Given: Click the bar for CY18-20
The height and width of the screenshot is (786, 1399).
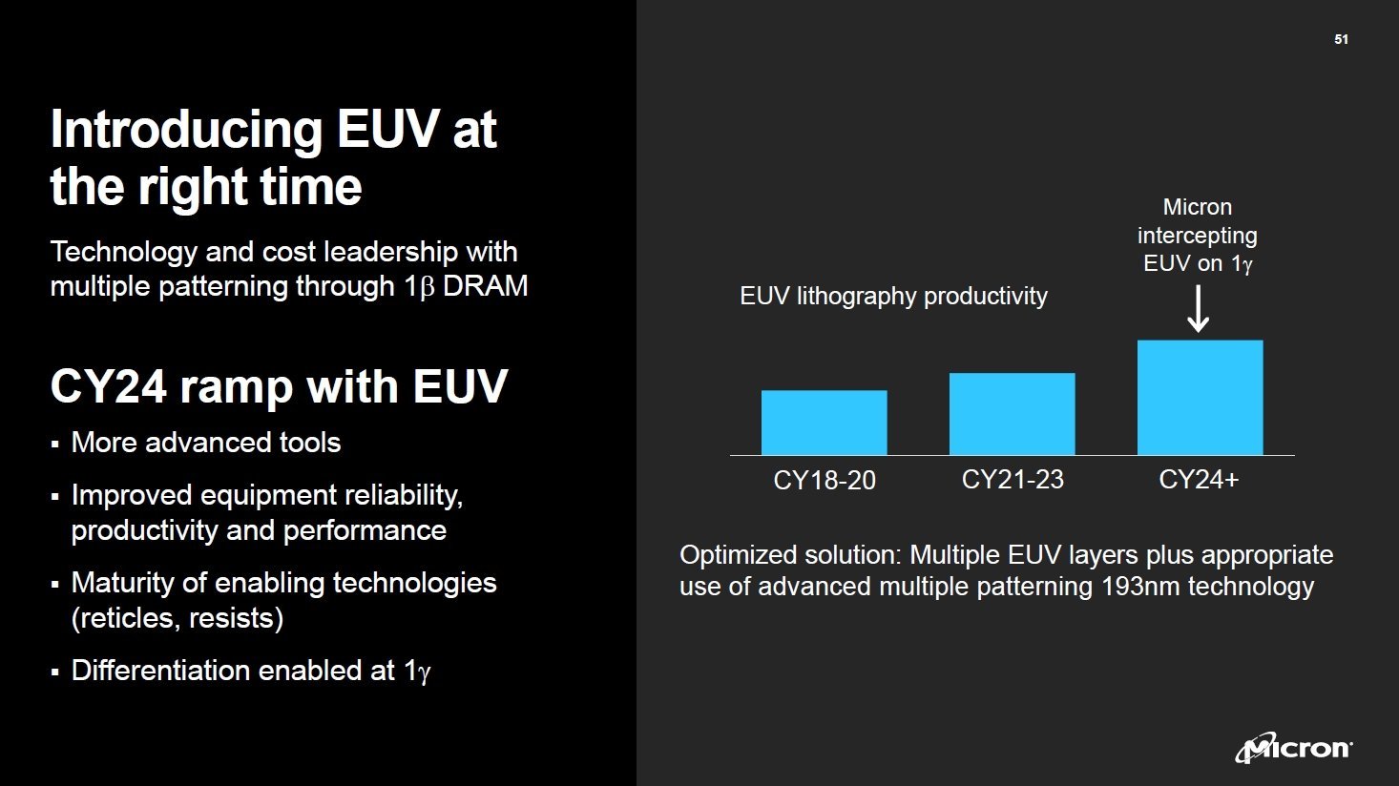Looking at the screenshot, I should pyautogui.click(x=824, y=423).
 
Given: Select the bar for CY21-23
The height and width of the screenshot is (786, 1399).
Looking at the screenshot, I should pyautogui.click(x=1012, y=414).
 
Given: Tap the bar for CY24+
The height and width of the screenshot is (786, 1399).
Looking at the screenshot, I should pyautogui.click(x=1200, y=398).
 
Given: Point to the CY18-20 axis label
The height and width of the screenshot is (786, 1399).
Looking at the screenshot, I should pyautogui.click(x=824, y=480).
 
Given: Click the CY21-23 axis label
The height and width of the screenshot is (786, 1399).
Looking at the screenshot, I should pyautogui.click(x=1012, y=479).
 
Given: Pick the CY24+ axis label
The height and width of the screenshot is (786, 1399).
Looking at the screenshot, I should pyautogui.click(x=1198, y=479).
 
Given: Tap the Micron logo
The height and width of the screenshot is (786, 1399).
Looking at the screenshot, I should pyautogui.click(x=1293, y=749).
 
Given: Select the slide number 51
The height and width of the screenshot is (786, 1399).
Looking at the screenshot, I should pyautogui.click(x=1341, y=39).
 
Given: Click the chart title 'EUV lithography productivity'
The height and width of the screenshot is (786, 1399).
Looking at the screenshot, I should pyautogui.click(x=893, y=296).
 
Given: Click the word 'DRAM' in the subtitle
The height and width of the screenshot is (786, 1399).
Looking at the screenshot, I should pyautogui.click(x=485, y=286).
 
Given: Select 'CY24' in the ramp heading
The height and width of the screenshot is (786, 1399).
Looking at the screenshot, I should pyautogui.click(x=107, y=386).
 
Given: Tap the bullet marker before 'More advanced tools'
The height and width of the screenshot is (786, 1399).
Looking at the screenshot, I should pyautogui.click(x=55, y=445).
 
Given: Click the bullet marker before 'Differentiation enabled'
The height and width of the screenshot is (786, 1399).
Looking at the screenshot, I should pyautogui.click(x=55, y=672).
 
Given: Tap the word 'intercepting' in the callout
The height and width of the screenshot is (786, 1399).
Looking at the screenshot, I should pyautogui.click(x=1197, y=235).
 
